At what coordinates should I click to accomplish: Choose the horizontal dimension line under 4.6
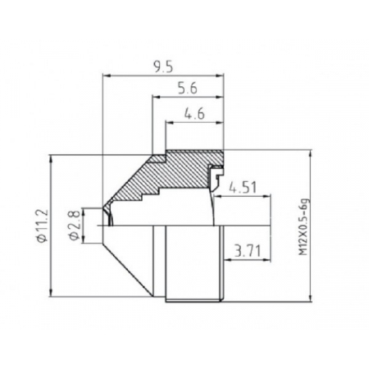[195, 125]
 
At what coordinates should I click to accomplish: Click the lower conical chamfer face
[131, 262]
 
